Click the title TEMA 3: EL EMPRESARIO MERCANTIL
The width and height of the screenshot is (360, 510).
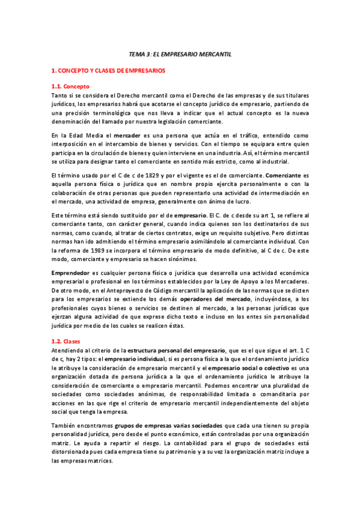(180, 55)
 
